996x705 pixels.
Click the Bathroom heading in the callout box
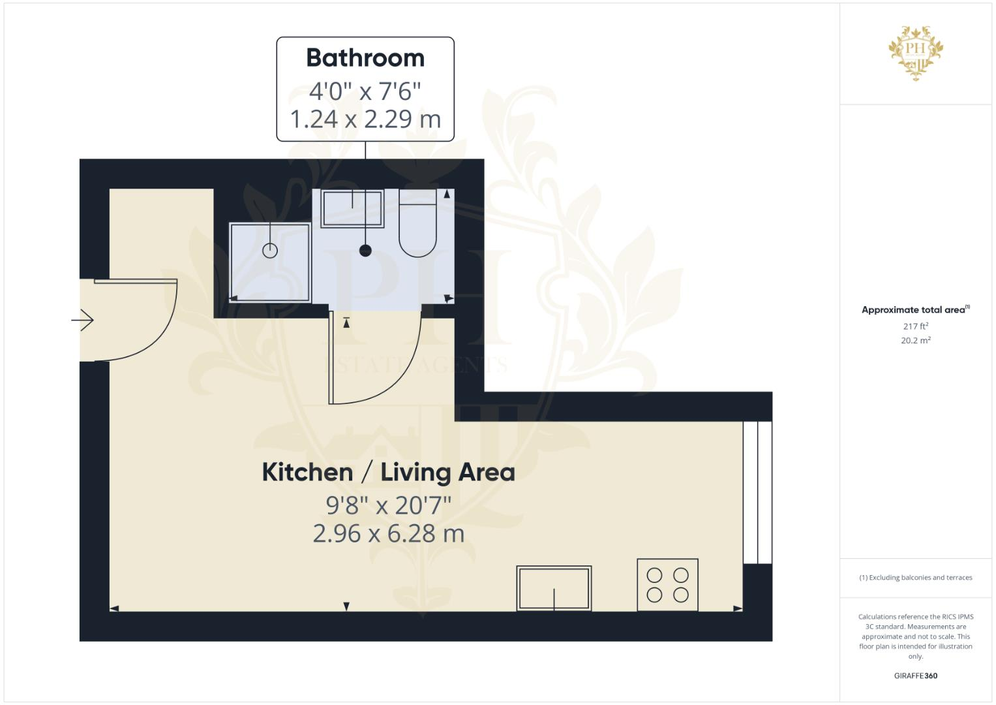(x=365, y=58)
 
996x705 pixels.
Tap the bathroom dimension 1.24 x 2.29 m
(x=365, y=119)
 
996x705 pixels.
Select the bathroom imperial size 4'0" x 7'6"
(x=365, y=91)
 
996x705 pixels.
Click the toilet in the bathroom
(x=417, y=228)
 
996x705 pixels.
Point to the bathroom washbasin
(x=352, y=208)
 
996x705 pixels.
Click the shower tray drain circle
(x=270, y=250)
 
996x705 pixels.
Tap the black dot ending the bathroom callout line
(x=365, y=250)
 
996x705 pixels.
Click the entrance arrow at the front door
(x=83, y=321)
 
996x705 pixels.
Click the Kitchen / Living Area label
(x=388, y=473)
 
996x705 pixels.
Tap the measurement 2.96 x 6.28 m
(x=388, y=534)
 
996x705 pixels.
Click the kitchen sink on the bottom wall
(x=554, y=588)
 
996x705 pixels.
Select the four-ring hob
(x=667, y=585)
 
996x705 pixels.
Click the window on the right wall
(x=757, y=492)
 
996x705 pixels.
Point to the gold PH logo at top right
(x=916, y=53)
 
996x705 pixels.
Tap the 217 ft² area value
(x=915, y=326)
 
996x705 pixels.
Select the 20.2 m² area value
(x=915, y=340)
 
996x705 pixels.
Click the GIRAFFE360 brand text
(x=915, y=676)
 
